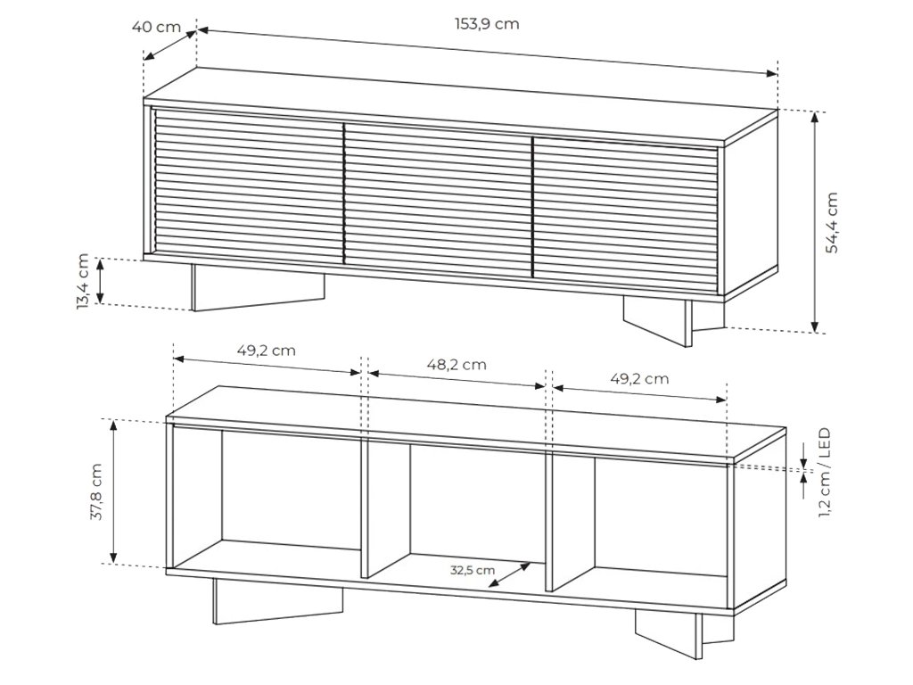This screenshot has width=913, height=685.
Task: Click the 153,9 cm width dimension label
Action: [x=487, y=24]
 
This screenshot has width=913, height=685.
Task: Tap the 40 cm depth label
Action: [x=156, y=27]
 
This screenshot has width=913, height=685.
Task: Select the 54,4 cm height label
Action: [x=832, y=222]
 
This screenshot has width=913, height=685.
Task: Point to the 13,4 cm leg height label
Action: [x=83, y=281]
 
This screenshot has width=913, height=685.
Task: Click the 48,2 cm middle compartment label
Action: [x=456, y=365]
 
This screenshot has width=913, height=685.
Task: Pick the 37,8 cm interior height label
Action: [x=95, y=491]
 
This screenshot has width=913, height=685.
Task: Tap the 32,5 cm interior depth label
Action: [x=473, y=570]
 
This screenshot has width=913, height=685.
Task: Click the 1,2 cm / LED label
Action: [x=825, y=473]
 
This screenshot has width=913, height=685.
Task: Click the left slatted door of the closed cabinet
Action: [x=248, y=186]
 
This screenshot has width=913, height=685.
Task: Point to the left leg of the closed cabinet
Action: [x=258, y=287]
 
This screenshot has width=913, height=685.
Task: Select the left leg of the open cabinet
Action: [x=277, y=601]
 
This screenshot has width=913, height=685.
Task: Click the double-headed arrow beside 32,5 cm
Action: [x=510, y=574]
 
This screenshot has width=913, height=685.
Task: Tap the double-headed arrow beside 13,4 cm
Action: [x=100, y=281]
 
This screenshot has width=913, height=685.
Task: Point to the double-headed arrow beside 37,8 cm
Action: [x=113, y=491]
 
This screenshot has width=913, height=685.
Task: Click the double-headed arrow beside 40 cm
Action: [x=170, y=45]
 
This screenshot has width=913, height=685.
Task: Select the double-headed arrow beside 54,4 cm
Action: [x=815, y=221]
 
